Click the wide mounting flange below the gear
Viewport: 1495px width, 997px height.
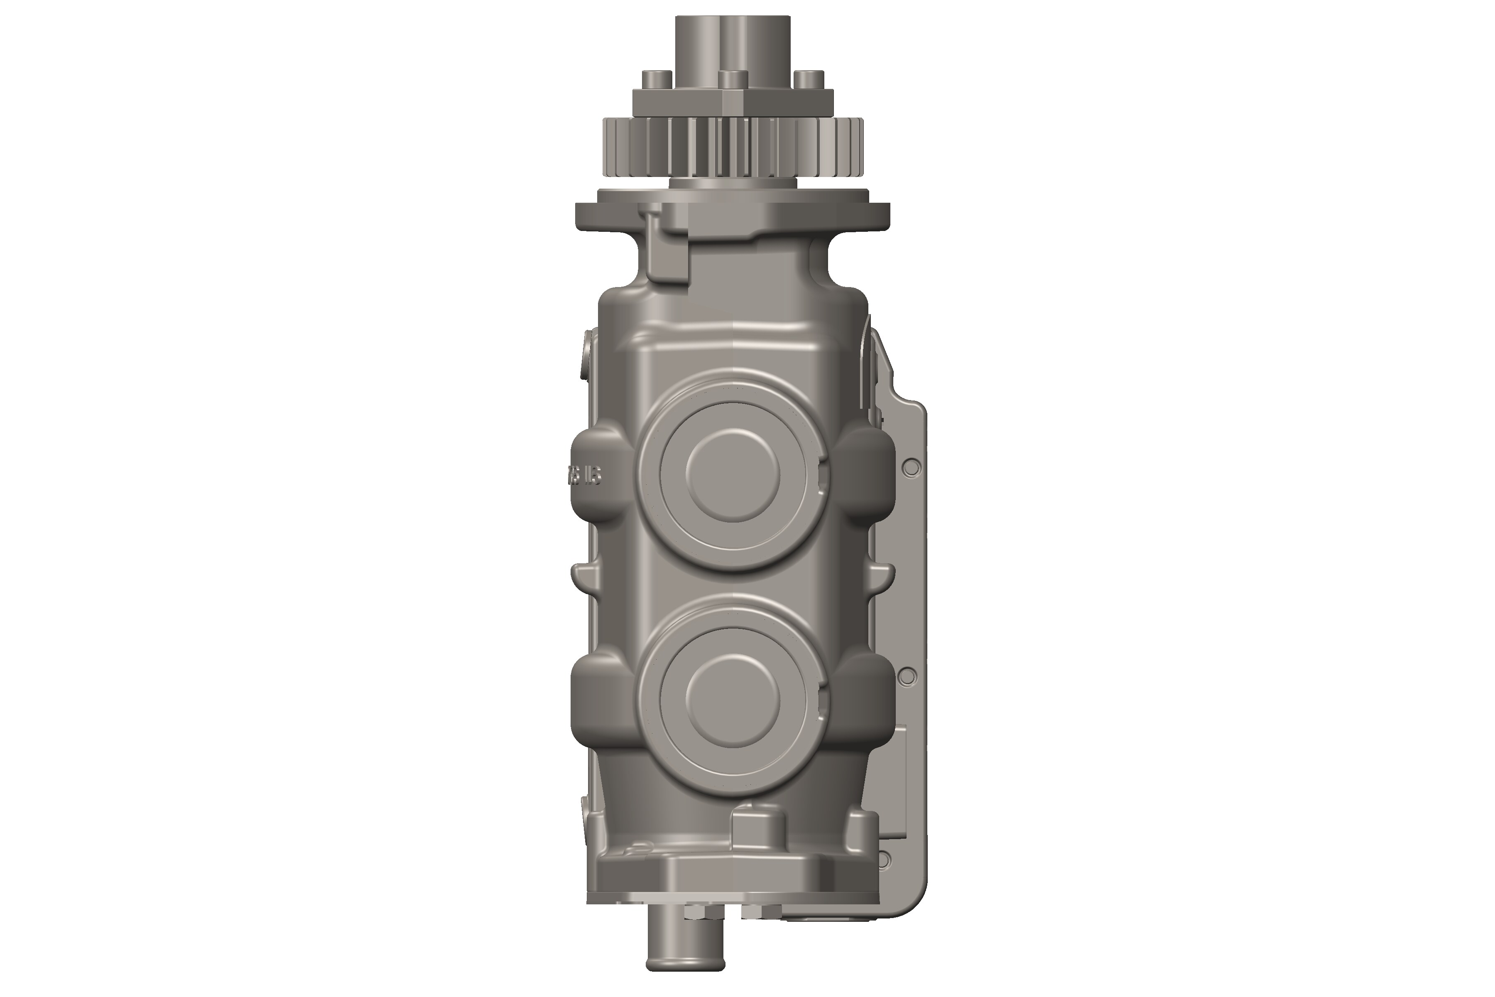(x=732, y=216)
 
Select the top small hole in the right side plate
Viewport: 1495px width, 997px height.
(x=911, y=469)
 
